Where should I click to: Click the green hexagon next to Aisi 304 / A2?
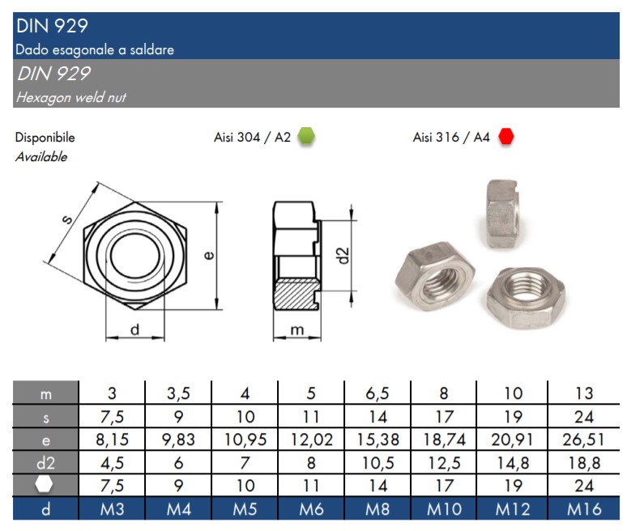(x=306, y=136)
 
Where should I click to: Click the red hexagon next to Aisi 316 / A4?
(x=505, y=136)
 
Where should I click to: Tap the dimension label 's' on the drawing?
(x=67, y=219)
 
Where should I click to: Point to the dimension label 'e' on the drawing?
(x=209, y=255)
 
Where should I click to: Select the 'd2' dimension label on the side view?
(x=343, y=256)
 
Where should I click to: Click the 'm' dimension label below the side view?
(x=297, y=330)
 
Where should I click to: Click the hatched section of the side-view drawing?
(x=294, y=294)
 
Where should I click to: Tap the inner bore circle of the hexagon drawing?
(x=135, y=256)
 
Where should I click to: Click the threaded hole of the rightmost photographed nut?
(x=526, y=286)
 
